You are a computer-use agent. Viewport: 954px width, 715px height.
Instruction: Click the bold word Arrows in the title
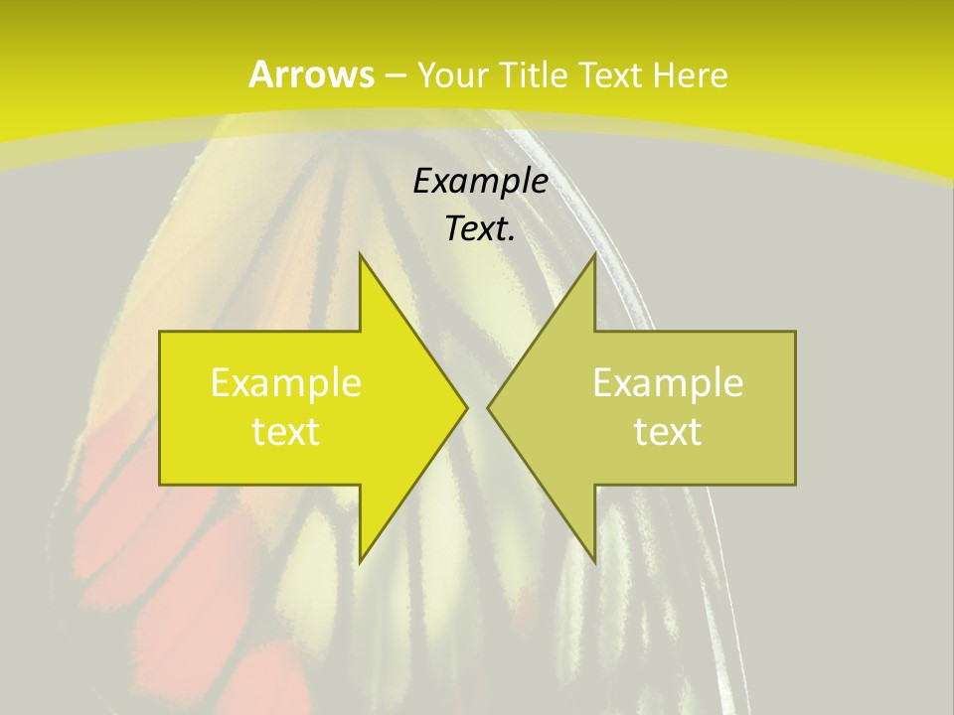coord(311,74)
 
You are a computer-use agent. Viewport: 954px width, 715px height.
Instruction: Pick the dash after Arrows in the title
coord(395,75)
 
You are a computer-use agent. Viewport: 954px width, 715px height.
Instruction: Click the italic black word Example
coord(481,181)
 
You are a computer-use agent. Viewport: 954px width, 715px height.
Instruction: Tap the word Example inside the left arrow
coord(286,382)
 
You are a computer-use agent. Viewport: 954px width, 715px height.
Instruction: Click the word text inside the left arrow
coord(286,431)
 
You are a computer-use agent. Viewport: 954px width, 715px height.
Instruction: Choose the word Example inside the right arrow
coord(668,382)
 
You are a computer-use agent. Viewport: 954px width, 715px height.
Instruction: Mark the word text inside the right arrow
coord(668,431)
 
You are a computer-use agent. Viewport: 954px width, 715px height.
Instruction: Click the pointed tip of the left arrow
coord(467,407)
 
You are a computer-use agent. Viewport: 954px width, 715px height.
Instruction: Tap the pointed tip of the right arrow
coord(488,407)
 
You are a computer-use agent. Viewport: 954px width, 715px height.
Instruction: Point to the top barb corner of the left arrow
coord(360,253)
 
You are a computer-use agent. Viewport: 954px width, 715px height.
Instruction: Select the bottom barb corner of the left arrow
coord(360,562)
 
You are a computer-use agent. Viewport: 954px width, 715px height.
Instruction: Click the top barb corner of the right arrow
coord(595,253)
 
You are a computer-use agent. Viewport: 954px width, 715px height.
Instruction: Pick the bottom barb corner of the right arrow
coord(595,562)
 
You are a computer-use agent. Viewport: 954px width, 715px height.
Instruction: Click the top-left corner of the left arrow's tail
coord(160,332)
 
